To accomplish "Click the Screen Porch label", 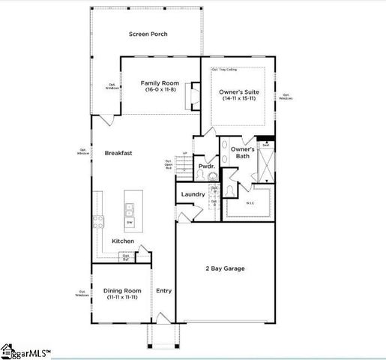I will [148, 34].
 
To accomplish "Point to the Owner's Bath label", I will [242, 153].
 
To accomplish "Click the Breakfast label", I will [118, 153].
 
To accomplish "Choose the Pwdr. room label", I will [205, 166].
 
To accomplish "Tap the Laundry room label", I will [193, 194].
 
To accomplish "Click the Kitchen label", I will [123, 241].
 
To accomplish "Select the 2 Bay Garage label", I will [225, 268].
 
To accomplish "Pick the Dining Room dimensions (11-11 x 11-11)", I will [121, 298].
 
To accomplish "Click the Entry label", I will [163, 290].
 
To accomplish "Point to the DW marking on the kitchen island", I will [130, 223].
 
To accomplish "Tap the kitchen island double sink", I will [130, 208].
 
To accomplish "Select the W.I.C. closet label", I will [251, 202].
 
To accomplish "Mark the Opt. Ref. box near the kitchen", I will [126, 257].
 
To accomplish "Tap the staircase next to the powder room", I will [184, 163].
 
